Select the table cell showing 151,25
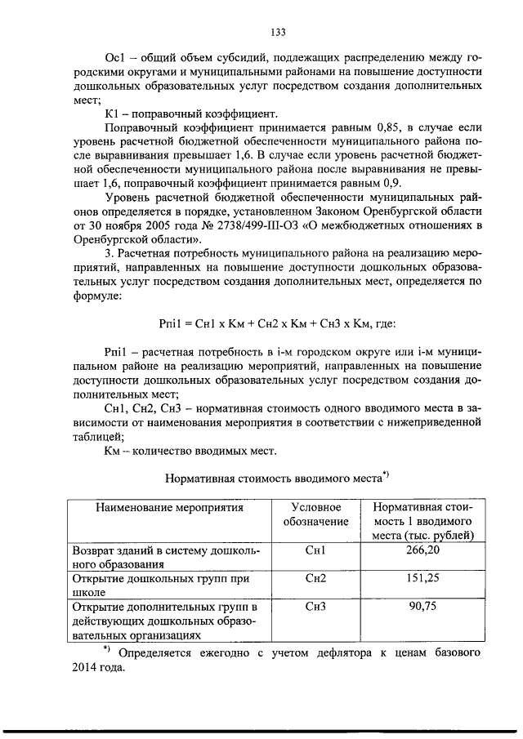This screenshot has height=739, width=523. pos(418,577)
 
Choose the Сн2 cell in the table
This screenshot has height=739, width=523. pos(315,577)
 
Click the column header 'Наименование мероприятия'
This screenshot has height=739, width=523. pos(170,507)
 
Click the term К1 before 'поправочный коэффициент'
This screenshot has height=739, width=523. pos(114,114)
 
